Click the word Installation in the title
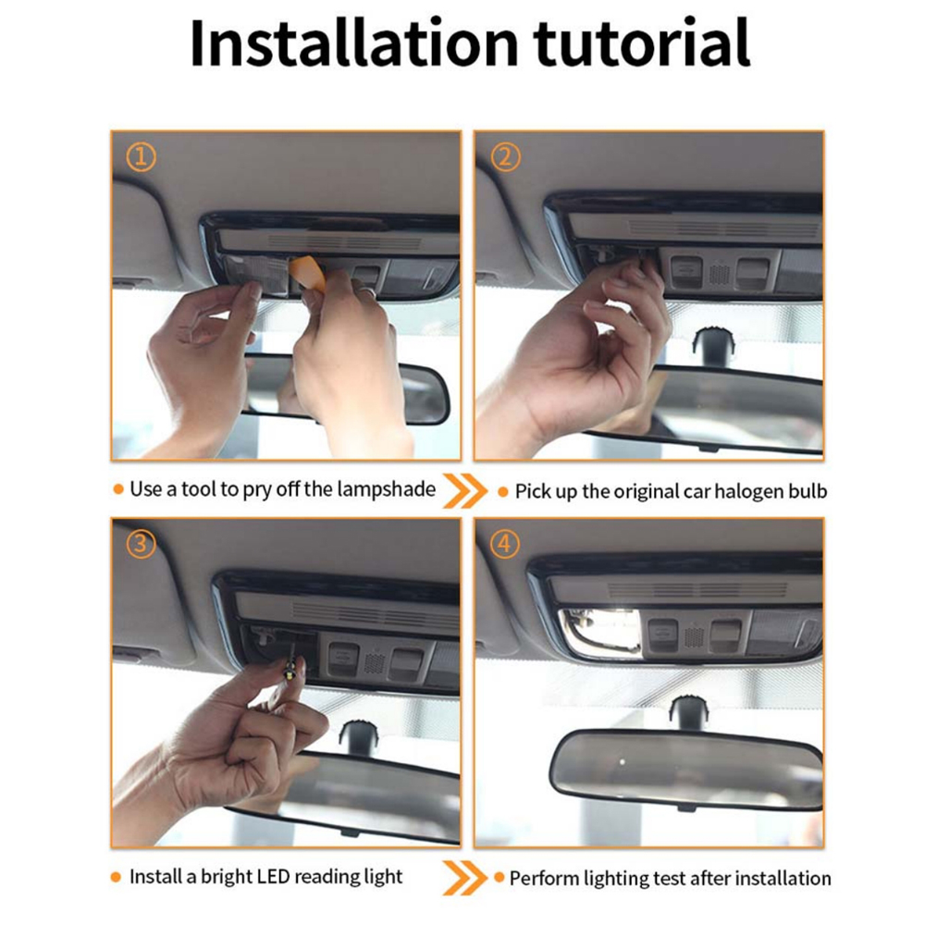pyautogui.click(x=353, y=43)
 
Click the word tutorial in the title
pyautogui.click(x=642, y=43)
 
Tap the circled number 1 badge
pyautogui.click(x=141, y=157)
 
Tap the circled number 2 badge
pyautogui.click(x=506, y=157)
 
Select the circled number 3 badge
pyautogui.click(x=141, y=544)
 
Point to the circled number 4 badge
pyautogui.click(x=505, y=544)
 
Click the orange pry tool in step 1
pyautogui.click(x=307, y=274)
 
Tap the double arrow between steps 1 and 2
pyautogui.click(x=465, y=490)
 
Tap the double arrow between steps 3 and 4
pyautogui.click(x=465, y=878)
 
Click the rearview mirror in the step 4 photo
pyautogui.click(x=686, y=769)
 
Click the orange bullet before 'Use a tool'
pyautogui.click(x=118, y=489)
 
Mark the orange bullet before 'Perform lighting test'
pyautogui.click(x=499, y=878)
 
